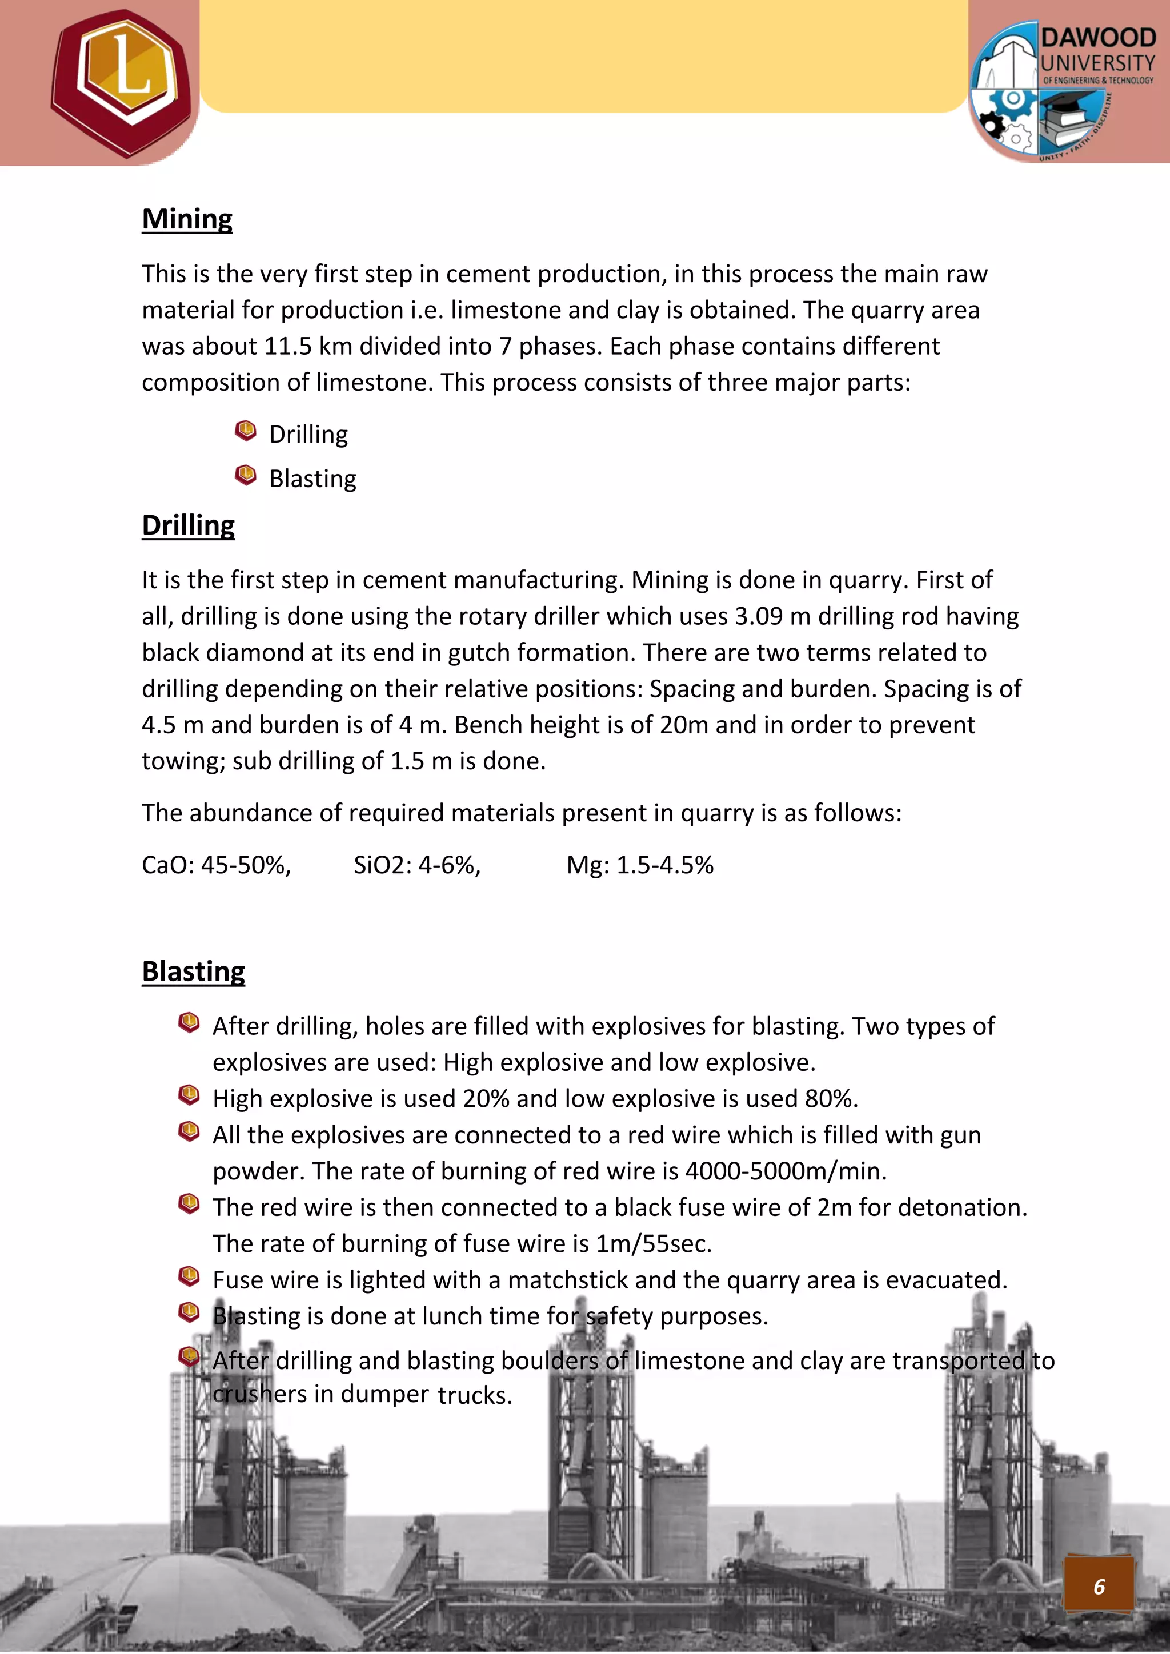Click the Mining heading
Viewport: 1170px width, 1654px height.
187,219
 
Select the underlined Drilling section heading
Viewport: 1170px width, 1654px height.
188,525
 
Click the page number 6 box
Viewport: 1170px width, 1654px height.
1099,1586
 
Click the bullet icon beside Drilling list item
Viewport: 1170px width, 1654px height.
246,431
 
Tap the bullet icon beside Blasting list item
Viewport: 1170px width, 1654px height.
246,475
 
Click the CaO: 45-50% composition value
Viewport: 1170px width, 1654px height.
216,865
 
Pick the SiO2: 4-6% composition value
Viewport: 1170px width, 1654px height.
416,865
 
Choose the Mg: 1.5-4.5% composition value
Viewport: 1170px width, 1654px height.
640,865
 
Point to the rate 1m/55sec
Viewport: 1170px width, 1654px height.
654,1244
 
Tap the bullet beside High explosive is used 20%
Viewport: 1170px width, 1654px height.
189,1095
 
